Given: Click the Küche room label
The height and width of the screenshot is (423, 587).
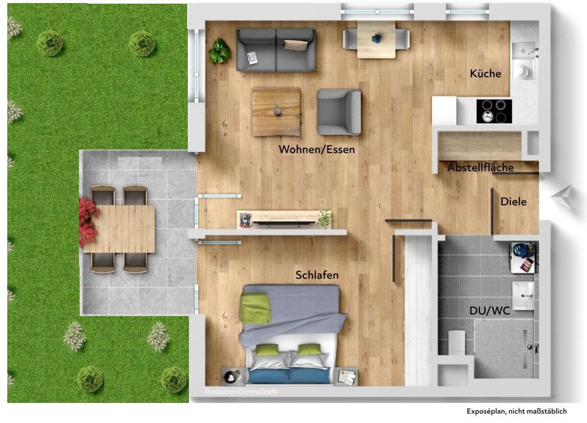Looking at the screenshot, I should point(486,74).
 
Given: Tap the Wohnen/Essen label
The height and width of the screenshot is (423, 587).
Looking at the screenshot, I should point(317,149).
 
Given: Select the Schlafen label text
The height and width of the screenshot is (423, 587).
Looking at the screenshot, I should point(317,275).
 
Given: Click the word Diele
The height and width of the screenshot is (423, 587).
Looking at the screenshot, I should point(513,202).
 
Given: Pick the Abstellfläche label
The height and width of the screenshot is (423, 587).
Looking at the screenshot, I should point(481,168).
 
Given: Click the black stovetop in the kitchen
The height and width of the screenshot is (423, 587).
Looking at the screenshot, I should point(493,111).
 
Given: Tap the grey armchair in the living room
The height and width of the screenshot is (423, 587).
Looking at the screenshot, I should point(339,112).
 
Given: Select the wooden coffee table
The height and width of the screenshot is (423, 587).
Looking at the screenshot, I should point(276,112).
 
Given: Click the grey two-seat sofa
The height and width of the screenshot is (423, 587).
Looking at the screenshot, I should point(276,50).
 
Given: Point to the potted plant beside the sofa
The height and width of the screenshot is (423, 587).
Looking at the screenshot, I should point(219,52).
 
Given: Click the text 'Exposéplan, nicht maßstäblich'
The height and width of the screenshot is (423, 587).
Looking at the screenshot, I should point(517,411).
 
